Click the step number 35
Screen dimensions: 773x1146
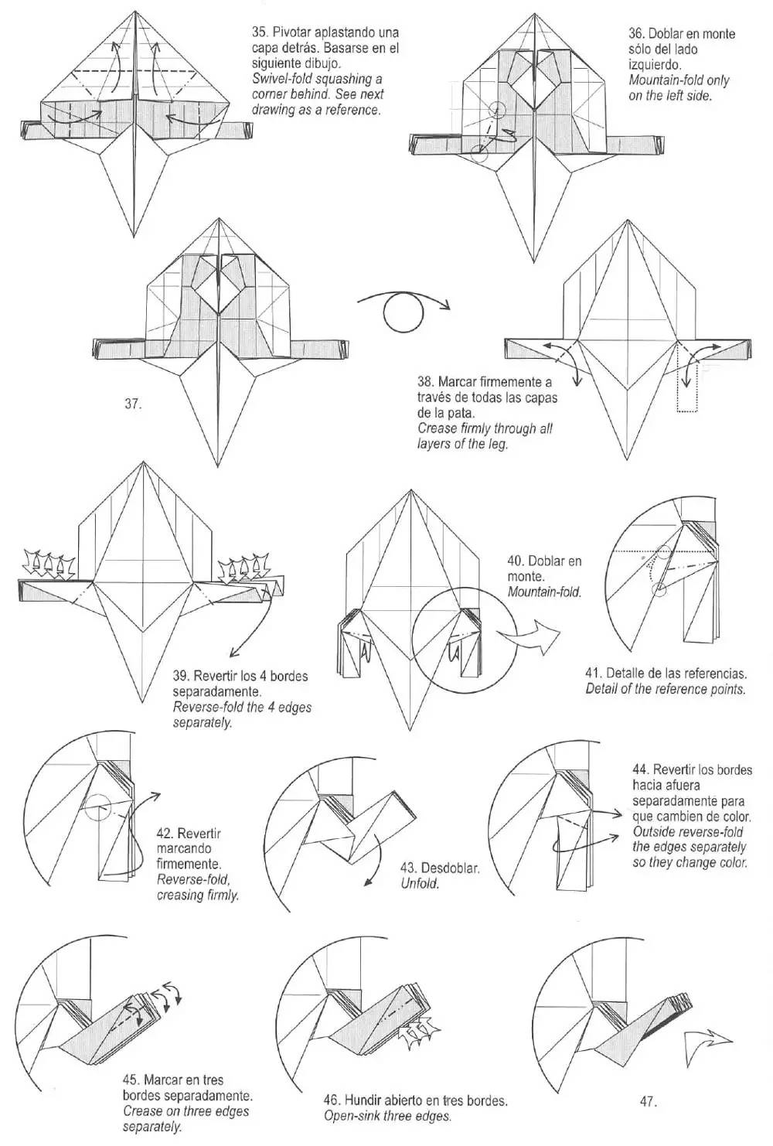(x=260, y=33)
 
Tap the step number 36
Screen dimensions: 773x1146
(x=636, y=34)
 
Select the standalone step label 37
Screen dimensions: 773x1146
(x=132, y=404)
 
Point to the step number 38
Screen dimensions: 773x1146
(x=425, y=382)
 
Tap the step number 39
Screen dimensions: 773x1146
(x=181, y=677)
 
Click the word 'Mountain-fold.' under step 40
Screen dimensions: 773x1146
(x=544, y=592)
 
